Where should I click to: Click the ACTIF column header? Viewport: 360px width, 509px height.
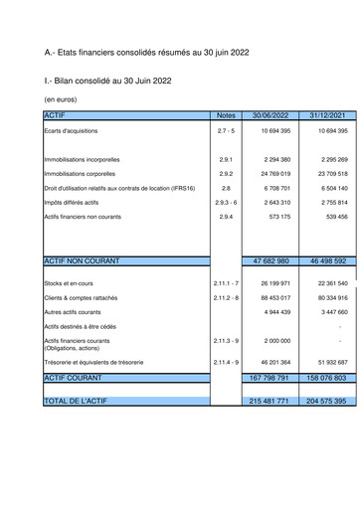tap(55, 115)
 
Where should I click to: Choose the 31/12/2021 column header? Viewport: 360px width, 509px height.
tap(327, 115)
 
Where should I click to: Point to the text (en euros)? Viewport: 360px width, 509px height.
tap(63, 99)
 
